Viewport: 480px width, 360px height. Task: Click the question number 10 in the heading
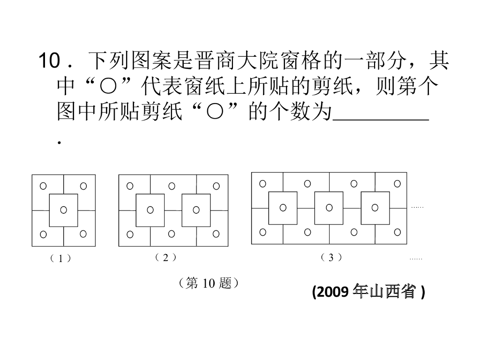tap(48, 61)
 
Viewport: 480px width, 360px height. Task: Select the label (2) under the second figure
tap(165, 257)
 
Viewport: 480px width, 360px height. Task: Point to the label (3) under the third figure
tap(331, 257)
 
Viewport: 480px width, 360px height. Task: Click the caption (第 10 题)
tap(210, 283)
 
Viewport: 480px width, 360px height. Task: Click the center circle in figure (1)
tap(63, 210)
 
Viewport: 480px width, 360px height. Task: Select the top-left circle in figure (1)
tap(43, 186)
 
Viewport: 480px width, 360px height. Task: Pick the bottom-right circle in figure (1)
tap(83, 233)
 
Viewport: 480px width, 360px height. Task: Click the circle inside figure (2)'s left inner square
tap(150, 210)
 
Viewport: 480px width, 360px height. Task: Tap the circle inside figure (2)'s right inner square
tap(196, 210)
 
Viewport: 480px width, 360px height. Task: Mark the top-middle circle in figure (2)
tap(172, 186)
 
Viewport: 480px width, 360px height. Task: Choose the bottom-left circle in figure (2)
tap(130, 234)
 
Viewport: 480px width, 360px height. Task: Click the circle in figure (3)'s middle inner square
tap(329, 207)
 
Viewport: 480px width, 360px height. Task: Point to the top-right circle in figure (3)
tap(397, 183)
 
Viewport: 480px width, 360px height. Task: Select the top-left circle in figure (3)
tap(262, 183)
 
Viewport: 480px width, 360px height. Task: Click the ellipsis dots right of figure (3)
tap(417, 206)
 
